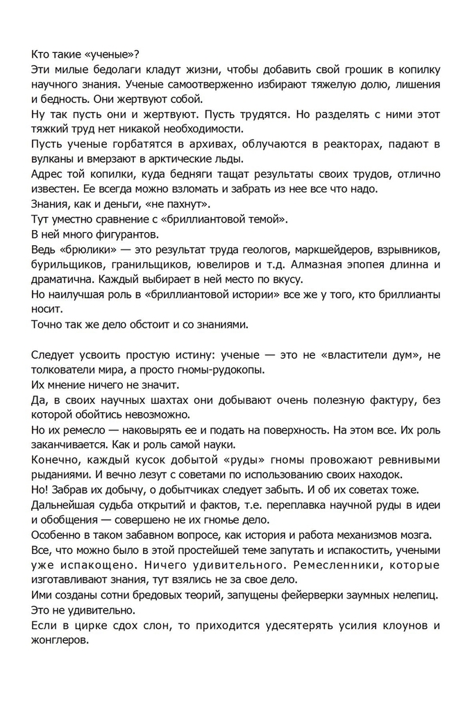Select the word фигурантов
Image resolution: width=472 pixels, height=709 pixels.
click(119, 234)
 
